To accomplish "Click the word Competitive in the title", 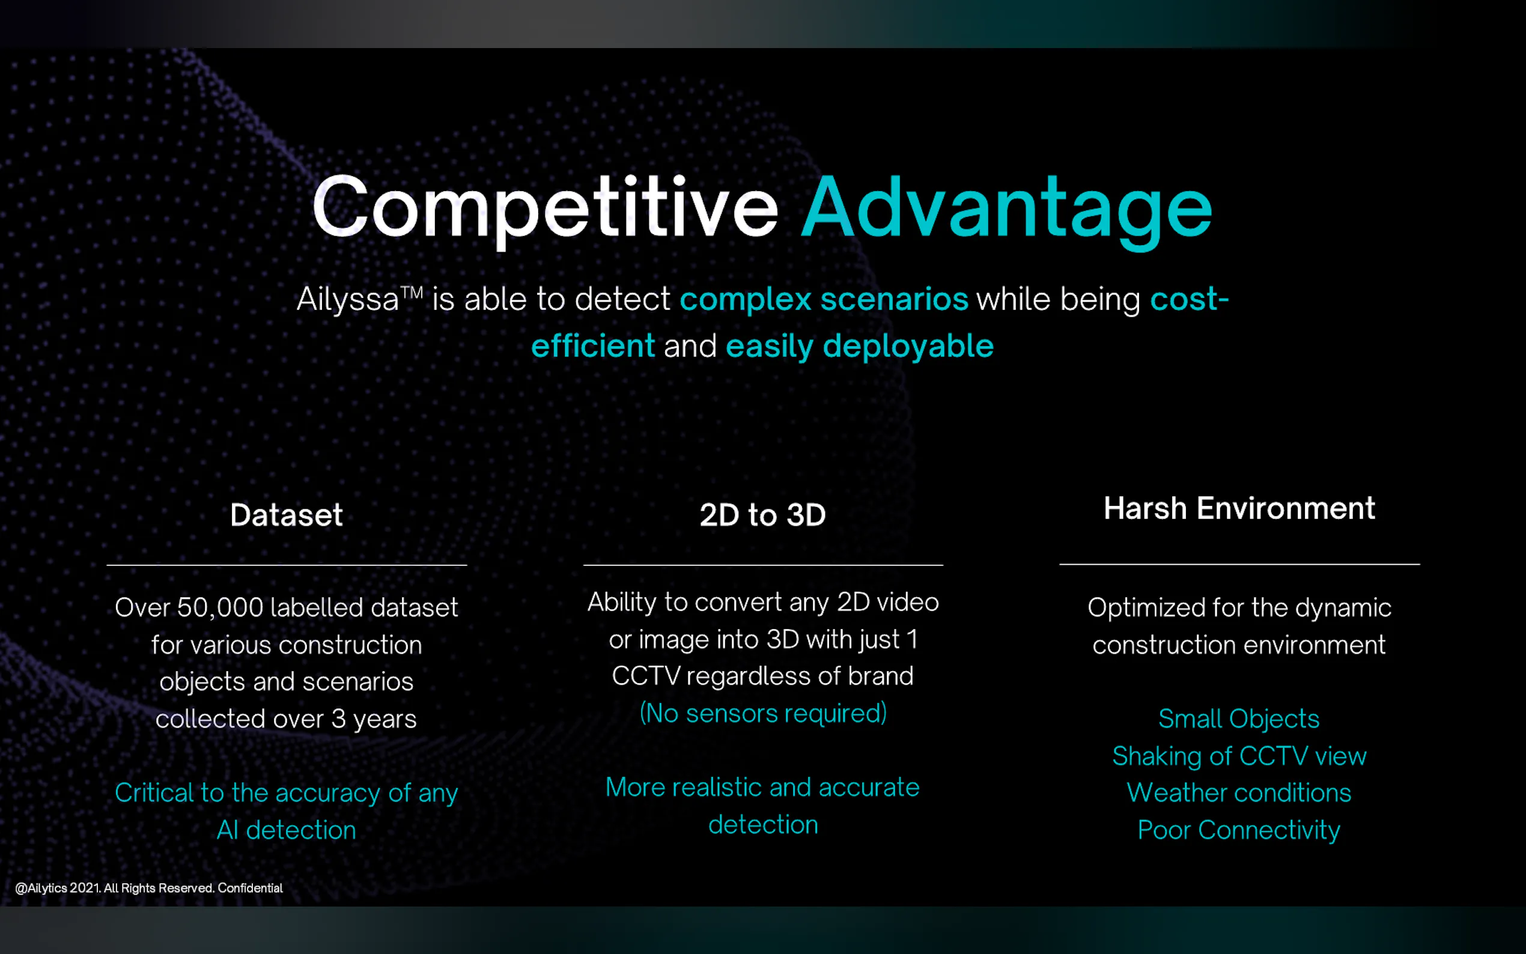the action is pos(546,208).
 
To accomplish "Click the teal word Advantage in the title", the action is pos(1007,211).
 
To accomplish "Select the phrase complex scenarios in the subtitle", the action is pos(824,299).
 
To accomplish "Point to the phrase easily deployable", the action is pos(860,347).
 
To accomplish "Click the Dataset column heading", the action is pos(287,515).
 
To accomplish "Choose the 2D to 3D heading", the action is pos(762,515).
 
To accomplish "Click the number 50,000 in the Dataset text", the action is pos(220,607).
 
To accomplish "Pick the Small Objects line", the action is pos(1239,719).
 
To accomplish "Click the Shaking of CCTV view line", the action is pos(1239,756).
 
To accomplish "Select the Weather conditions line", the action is pos(1239,792).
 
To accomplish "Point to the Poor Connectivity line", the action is pos(1239,830).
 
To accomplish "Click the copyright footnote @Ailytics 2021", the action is pos(149,889).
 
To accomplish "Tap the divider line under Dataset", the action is pos(287,565).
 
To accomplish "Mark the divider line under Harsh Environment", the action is pos(1239,564).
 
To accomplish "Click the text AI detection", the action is pos(287,830).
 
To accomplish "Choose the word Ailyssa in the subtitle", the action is pos(348,299).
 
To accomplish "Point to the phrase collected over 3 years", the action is pos(287,719).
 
